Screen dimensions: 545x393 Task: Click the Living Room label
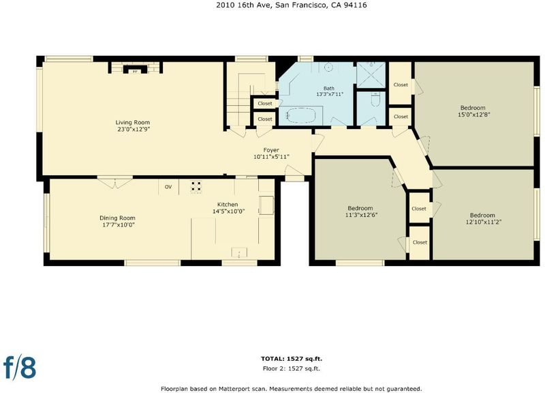pos(133,122)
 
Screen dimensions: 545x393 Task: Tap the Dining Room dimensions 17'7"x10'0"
pos(117,225)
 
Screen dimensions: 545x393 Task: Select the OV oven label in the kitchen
pos(168,187)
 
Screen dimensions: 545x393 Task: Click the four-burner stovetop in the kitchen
pos(196,186)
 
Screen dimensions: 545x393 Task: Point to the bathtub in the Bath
pos(301,115)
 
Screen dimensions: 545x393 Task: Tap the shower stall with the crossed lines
pos(371,75)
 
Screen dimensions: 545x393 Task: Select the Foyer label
pos(271,150)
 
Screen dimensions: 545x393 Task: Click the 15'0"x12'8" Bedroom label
pos(473,111)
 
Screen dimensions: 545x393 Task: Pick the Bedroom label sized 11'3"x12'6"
pos(360,212)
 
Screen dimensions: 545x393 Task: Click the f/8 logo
pos(20,367)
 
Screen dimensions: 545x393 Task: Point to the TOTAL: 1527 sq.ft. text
pos(294,359)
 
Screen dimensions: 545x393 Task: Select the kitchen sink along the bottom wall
pos(240,252)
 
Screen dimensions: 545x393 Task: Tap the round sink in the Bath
pos(329,67)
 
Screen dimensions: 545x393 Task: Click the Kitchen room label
pos(228,204)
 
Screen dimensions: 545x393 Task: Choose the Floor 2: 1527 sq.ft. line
pos(292,368)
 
